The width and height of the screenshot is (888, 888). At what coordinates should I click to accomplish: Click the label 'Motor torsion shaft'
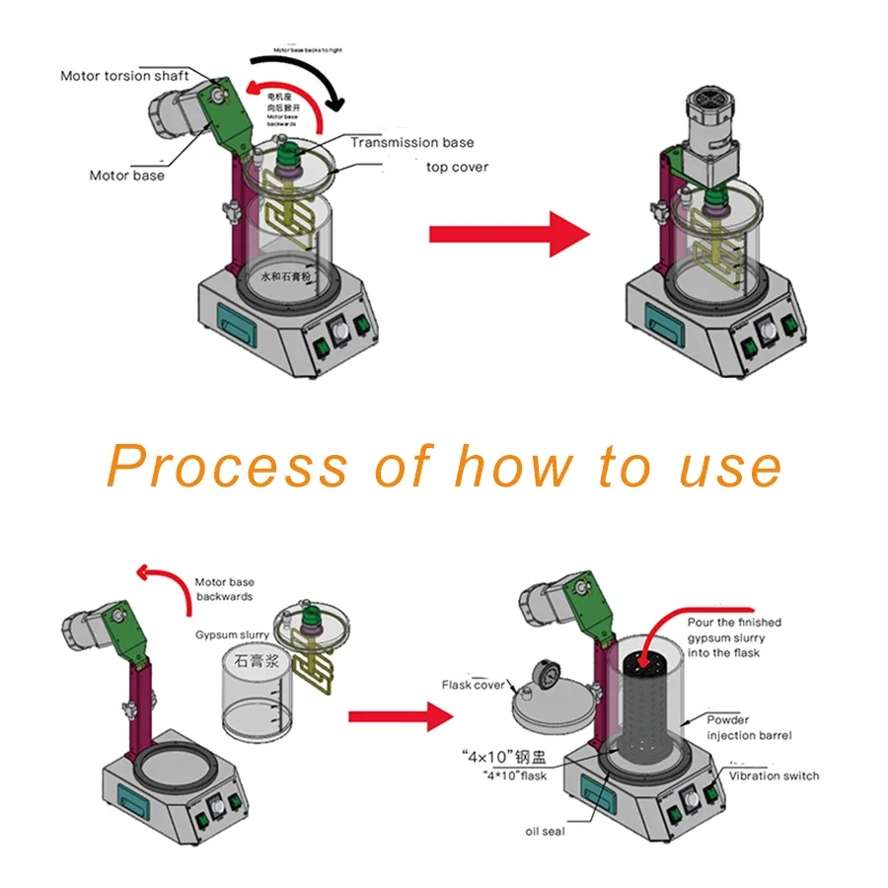tap(124, 76)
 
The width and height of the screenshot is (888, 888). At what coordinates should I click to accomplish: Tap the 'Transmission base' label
tap(411, 143)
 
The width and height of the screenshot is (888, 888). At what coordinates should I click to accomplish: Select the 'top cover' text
tap(457, 167)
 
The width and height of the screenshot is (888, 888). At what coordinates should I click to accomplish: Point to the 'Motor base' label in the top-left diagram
tap(127, 176)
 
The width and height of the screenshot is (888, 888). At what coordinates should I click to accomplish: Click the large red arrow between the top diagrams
tap(508, 235)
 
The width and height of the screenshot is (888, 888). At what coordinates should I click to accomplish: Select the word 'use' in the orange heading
tap(730, 467)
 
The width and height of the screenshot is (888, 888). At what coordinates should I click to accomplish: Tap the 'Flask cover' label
tap(474, 685)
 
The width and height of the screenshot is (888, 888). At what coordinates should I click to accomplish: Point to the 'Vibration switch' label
tap(774, 776)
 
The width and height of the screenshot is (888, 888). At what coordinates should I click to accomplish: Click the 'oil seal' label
tap(545, 832)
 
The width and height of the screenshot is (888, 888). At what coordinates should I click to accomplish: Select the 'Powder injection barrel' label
tap(748, 727)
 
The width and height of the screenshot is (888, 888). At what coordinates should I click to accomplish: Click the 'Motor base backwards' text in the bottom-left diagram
tap(224, 589)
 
